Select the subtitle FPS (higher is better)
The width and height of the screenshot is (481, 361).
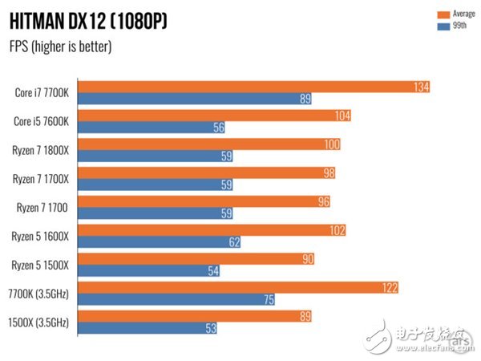(x=61, y=47)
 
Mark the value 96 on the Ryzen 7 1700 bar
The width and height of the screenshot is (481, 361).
(x=322, y=201)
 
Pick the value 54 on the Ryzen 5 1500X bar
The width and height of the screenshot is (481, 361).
(x=212, y=271)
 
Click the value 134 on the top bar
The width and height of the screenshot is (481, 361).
(x=420, y=87)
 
